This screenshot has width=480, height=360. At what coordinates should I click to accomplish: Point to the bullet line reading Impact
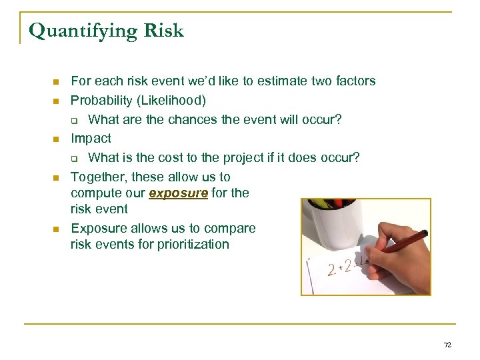(91, 139)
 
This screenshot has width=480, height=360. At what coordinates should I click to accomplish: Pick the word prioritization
(193, 244)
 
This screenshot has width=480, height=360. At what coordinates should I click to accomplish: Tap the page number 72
(447, 345)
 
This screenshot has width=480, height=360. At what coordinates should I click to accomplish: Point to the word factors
(353, 81)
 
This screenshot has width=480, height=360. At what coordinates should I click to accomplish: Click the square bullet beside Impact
(57, 139)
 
